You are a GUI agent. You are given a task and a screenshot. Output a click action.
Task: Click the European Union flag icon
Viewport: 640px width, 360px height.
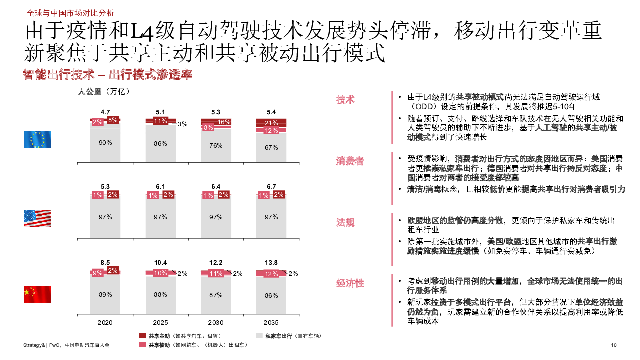pyautogui.click(x=37, y=139)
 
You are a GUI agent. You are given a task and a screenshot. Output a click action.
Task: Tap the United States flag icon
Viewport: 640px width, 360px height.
pyautogui.click(x=37, y=218)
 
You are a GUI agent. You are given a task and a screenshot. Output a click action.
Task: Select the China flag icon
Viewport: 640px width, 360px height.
pyautogui.click(x=37, y=294)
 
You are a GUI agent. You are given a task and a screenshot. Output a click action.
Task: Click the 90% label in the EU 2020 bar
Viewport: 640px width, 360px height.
pyautogui.click(x=105, y=142)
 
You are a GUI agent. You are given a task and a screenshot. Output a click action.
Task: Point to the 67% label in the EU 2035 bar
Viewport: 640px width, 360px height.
pyautogui.click(x=272, y=147)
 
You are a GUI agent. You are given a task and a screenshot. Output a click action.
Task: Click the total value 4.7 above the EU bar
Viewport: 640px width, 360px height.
pyautogui.click(x=105, y=112)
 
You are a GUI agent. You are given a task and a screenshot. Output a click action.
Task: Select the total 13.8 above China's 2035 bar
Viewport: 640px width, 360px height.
pyautogui.click(x=272, y=263)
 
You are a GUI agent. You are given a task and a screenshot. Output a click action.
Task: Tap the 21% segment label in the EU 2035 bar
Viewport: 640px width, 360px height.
pyautogui.click(x=272, y=123)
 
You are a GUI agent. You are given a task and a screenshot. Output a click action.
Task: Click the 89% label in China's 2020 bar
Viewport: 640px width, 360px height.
pyautogui.click(x=105, y=294)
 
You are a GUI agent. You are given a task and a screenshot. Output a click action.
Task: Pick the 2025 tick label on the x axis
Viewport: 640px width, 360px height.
pyautogui.click(x=161, y=323)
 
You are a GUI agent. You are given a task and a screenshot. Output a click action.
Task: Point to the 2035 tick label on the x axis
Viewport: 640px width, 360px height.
pyautogui.click(x=272, y=323)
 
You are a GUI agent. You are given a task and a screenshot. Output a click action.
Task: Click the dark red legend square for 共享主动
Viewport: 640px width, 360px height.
pyautogui.click(x=142, y=335)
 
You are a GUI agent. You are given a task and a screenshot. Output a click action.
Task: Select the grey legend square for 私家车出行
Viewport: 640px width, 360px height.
pyautogui.click(x=259, y=335)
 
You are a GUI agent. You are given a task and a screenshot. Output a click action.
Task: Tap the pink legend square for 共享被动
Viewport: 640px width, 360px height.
pyautogui.click(x=142, y=345)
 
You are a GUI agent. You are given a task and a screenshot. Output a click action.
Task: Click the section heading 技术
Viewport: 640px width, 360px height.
pyautogui.click(x=345, y=99)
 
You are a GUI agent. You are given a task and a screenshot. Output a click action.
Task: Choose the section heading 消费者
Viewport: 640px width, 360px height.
pyautogui.click(x=350, y=161)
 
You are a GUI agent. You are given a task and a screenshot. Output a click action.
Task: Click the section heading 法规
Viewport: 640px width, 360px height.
pyautogui.click(x=345, y=222)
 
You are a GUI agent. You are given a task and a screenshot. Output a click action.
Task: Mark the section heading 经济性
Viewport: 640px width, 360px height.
pyautogui.click(x=350, y=283)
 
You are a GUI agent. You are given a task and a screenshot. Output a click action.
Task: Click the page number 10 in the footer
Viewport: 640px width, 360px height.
pyautogui.click(x=614, y=345)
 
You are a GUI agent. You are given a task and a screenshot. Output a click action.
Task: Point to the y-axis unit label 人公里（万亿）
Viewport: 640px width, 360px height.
pyautogui.click(x=104, y=91)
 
